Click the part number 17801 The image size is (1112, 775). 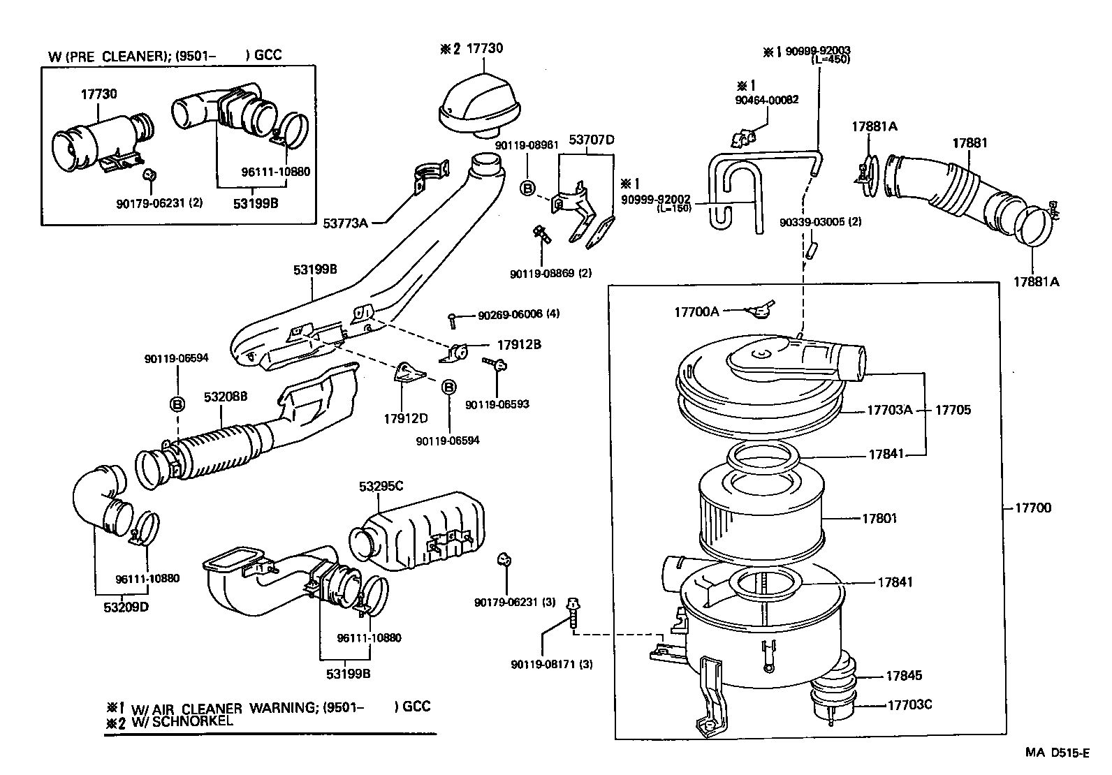pos(879,519)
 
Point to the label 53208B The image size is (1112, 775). pos(226,397)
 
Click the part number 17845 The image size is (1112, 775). pos(904,676)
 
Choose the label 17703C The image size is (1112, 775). pos(909,704)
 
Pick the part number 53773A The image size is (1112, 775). pos(345,223)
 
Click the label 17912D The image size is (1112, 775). pos(405,419)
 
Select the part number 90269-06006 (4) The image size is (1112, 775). pos(518,315)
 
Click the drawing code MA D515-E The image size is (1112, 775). pos(1057,753)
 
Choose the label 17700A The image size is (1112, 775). pos(696,312)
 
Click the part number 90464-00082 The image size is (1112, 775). pos(766,100)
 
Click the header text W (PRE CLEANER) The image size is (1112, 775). pos(105,56)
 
